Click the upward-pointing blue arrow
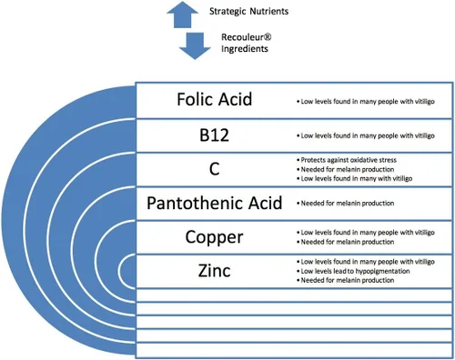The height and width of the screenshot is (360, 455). [x=182, y=15]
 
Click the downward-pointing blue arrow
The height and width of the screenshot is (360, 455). [x=195, y=46]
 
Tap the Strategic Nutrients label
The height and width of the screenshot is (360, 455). [x=248, y=12]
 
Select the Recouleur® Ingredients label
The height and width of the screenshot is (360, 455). [x=246, y=43]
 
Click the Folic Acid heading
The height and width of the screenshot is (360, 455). [x=215, y=99]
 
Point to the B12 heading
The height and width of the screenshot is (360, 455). [x=214, y=135]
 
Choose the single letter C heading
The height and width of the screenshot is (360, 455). [x=214, y=169]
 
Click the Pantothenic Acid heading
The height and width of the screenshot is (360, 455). [x=215, y=203]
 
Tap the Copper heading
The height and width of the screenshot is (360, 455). [x=214, y=237]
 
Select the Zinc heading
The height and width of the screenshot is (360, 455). [x=214, y=271]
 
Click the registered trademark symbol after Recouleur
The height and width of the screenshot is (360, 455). [x=268, y=37]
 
